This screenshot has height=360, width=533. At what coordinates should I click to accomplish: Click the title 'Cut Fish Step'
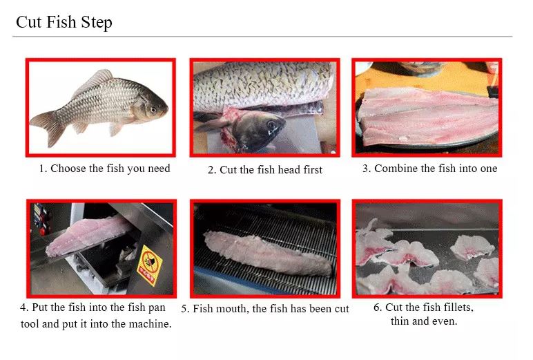(x=64, y=23)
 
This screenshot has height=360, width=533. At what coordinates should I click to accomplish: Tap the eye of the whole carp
(x=153, y=110)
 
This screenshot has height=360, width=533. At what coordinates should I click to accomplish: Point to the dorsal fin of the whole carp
(x=95, y=79)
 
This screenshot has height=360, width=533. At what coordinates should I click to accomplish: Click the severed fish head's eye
(x=271, y=125)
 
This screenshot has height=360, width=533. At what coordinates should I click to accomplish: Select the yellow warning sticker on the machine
(x=150, y=265)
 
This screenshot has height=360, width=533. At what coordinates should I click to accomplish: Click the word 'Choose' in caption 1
(x=68, y=169)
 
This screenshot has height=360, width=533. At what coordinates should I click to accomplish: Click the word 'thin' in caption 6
(x=400, y=321)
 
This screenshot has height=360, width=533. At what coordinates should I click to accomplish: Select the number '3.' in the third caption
(x=367, y=169)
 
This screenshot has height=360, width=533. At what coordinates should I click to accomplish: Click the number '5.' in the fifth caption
(x=185, y=309)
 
